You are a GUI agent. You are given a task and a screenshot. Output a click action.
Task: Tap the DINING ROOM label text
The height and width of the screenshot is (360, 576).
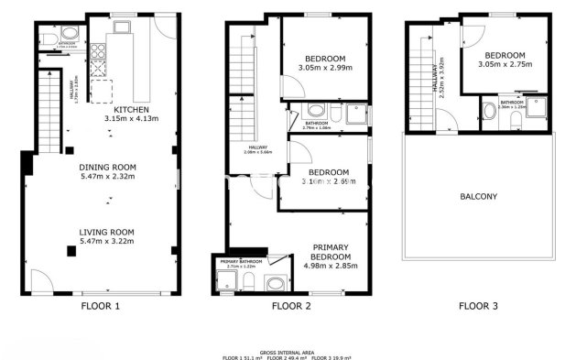[x=107, y=167]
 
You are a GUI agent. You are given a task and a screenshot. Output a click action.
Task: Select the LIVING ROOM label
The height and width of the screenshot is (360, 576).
[x=107, y=232]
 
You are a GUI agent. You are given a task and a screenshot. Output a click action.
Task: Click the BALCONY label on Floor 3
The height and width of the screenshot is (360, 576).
[x=478, y=196]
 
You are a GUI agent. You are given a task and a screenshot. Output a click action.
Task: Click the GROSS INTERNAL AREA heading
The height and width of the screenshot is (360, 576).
[x=287, y=351]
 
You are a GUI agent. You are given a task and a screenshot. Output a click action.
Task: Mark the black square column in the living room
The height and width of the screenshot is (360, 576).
[x=70, y=251]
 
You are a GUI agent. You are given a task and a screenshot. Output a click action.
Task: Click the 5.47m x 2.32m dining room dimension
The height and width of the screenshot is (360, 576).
[x=107, y=177]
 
